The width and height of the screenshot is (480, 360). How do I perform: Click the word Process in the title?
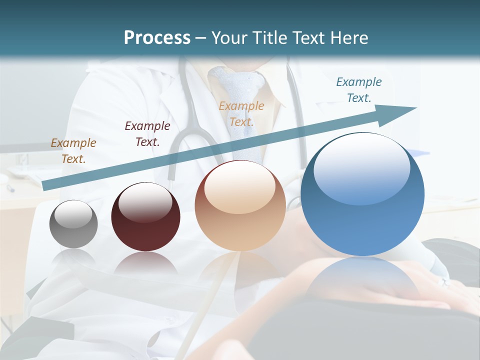tap(157, 38)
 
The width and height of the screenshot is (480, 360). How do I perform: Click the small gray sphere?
tap(73, 224)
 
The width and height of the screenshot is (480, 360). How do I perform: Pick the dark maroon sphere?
tap(145, 217)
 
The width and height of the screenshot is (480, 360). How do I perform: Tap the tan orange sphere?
tap(240, 206)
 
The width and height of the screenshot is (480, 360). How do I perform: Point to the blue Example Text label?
tap(358, 90)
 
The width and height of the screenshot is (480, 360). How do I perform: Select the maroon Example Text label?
tap(147, 134)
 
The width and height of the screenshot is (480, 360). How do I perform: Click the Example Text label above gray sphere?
tap(73, 151)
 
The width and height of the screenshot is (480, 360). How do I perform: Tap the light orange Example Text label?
tap(241, 114)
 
